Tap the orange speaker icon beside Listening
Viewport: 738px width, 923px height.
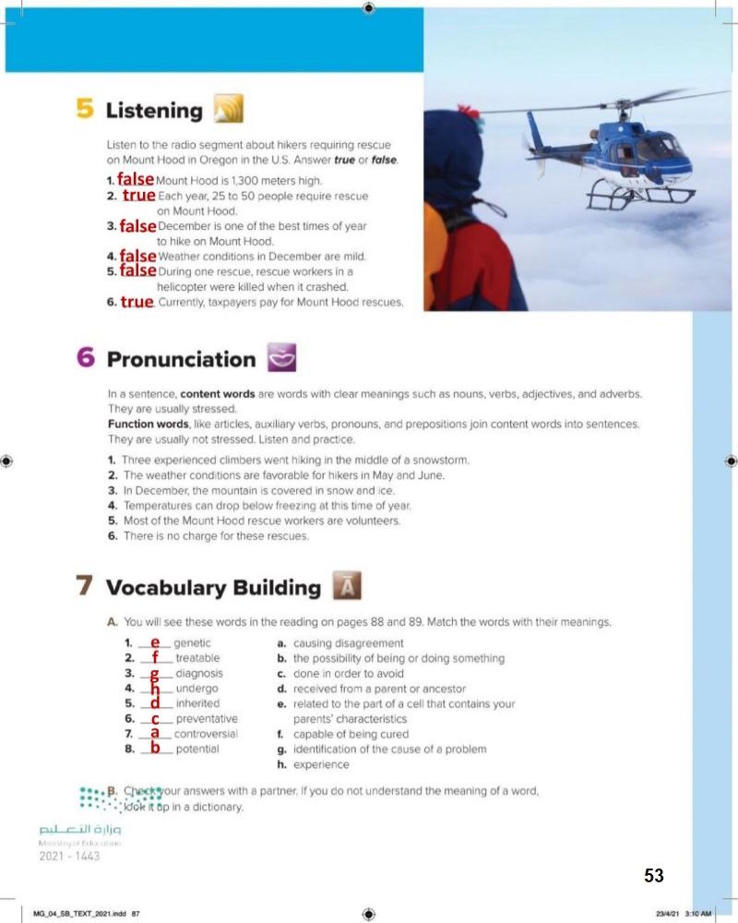tap(227, 110)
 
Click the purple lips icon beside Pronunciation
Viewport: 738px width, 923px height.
tap(279, 358)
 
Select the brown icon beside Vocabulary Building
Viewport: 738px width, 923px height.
tap(346, 586)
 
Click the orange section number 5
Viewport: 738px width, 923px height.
tap(85, 110)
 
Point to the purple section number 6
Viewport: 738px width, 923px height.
tap(86, 358)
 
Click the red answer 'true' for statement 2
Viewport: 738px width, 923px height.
tap(138, 196)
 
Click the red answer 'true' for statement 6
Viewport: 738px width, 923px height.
tap(137, 302)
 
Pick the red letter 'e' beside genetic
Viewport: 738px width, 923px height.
tap(155, 641)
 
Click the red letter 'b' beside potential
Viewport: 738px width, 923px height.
tap(155, 748)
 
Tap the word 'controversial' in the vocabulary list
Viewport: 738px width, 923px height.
tap(206, 734)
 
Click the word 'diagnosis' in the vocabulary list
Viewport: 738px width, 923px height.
tap(198, 674)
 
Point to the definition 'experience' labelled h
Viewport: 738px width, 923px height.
tap(321, 764)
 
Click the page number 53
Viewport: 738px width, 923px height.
tap(653, 876)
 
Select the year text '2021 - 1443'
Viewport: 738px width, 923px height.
tap(69, 856)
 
